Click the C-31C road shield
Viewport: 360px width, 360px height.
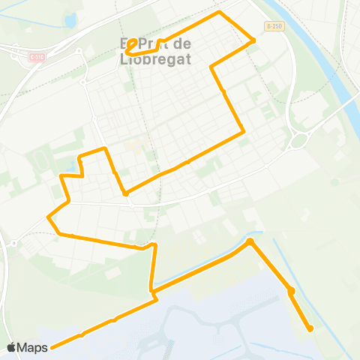point(36,56)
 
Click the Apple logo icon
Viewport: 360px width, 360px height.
point(11,347)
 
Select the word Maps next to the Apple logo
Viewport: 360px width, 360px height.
point(33,347)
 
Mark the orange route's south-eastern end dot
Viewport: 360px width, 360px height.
point(310,328)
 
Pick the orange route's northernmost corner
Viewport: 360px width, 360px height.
point(219,12)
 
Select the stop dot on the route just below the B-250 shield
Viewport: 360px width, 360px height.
point(253,40)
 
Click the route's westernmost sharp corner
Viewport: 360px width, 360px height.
point(49,218)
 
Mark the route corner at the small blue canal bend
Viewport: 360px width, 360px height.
point(250,241)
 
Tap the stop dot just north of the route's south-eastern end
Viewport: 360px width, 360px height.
point(291,291)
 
